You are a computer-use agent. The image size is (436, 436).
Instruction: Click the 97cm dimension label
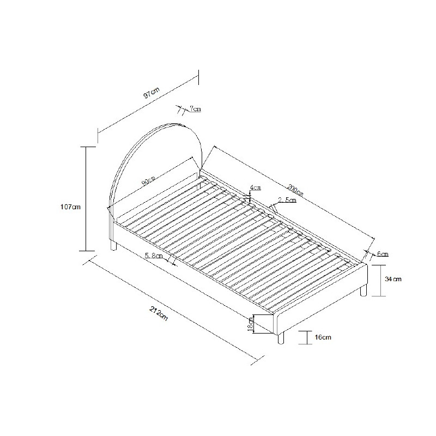click(152, 93)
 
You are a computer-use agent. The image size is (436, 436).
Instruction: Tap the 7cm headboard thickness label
click(195, 108)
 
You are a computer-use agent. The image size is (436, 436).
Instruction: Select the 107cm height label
click(70, 207)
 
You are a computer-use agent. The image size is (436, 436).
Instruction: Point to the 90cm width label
click(148, 181)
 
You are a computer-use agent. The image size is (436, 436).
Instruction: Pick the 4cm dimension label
click(256, 187)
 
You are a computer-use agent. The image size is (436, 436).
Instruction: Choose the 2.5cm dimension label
click(287, 199)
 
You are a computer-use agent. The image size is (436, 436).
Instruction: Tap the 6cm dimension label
click(383, 253)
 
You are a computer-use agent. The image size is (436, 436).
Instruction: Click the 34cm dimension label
click(393, 278)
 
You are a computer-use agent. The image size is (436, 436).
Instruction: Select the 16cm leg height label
click(323, 337)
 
